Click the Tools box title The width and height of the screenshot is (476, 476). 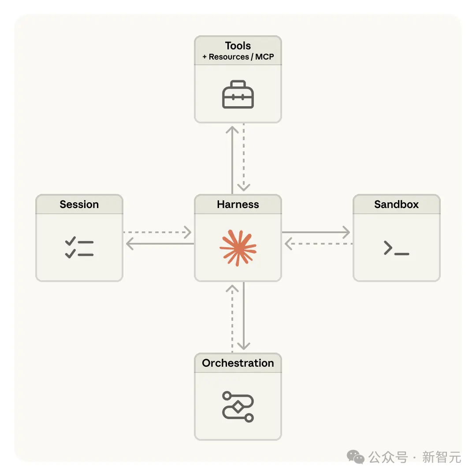(238, 46)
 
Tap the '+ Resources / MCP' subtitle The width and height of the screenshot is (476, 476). (238, 57)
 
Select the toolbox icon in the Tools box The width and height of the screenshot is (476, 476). (238, 94)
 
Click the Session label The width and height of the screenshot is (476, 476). (79, 205)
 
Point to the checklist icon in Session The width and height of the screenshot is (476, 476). (79, 248)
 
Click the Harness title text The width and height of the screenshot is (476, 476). (238, 205)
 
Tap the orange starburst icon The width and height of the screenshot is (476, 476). (238, 248)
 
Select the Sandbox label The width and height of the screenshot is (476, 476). (397, 205)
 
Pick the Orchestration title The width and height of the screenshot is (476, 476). (238, 363)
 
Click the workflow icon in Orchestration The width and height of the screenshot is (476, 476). (238, 406)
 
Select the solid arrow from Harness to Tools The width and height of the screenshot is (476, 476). (232, 159)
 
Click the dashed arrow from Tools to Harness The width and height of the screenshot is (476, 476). (244, 159)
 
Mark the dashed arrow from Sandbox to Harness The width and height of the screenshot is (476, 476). (318, 244)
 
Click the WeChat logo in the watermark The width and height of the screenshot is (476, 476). (355, 457)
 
